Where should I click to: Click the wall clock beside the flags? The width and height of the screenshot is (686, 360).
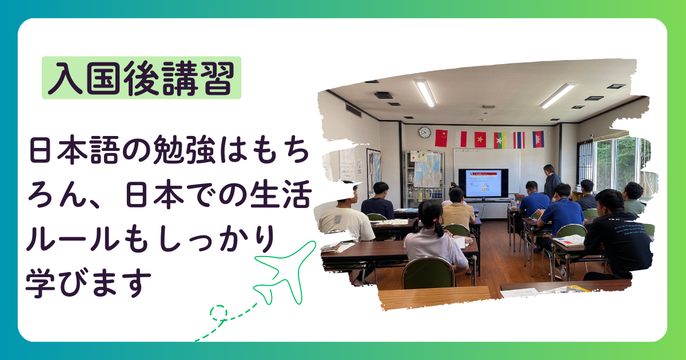coord(425,133)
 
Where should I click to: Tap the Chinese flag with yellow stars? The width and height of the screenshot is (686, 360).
coord(441,138)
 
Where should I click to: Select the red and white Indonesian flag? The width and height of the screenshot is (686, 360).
coord(461,139)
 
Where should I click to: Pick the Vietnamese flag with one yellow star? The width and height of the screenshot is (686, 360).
coord(480,139)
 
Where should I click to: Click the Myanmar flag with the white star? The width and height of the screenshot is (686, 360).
coord(500,140)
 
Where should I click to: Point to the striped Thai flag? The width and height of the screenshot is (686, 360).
coord(519,140)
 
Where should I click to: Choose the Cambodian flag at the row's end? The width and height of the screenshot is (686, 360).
coord(538,139)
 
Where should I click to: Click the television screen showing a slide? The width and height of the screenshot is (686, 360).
coord(483,183)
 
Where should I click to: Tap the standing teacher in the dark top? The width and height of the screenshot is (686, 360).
coord(551,182)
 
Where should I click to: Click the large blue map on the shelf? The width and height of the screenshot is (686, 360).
coord(427,170)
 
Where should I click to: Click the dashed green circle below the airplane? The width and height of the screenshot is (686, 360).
coord(218,313)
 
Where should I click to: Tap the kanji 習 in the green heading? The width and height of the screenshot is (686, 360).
coord(217,78)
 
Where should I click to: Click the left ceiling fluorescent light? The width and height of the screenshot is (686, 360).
coord(425,93)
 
